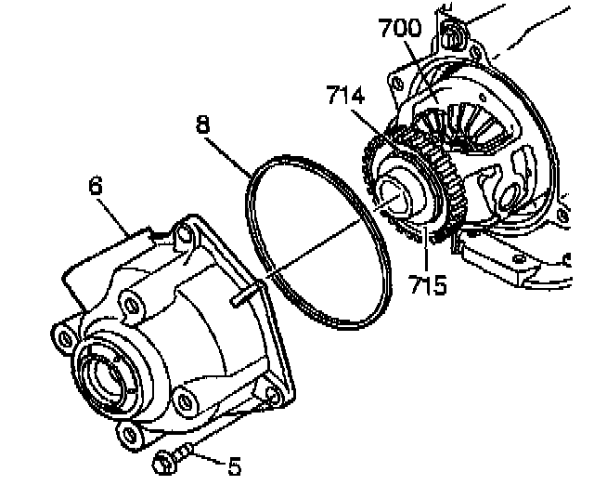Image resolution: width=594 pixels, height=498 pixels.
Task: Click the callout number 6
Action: tap(95, 186)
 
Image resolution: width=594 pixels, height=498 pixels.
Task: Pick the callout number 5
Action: tap(234, 465)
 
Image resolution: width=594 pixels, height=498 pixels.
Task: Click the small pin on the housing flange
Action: tap(242, 297)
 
